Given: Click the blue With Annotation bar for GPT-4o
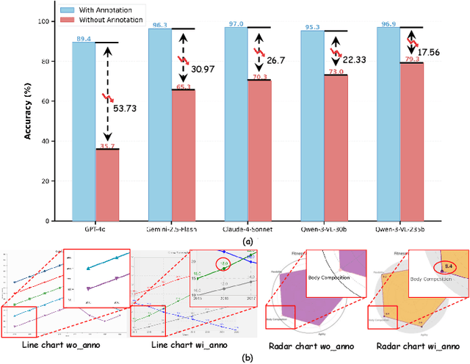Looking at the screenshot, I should click(82, 132).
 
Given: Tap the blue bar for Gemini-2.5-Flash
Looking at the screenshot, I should click(159, 125).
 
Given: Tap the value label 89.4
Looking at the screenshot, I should click(82, 38).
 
